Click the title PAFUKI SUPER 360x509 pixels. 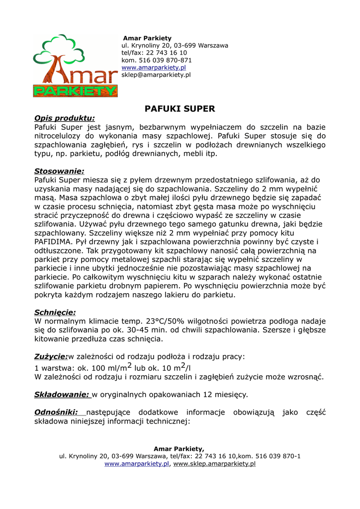coord(180,108)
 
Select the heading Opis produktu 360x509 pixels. coord(64,118)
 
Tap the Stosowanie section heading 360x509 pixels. coord(59,171)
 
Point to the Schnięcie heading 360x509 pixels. coord(55,312)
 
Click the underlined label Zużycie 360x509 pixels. coord(51,356)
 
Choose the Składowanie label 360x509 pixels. coord(62,395)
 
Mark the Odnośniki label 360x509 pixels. coord(56,412)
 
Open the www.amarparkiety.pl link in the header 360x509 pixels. coord(154,68)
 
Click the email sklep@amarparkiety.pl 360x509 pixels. coord(156,75)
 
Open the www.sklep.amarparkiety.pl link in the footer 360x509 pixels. coord(214,464)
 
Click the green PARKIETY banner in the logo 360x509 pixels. coord(75,90)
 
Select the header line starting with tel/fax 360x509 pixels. coord(154,53)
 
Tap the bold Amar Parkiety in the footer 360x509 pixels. coord(179,449)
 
